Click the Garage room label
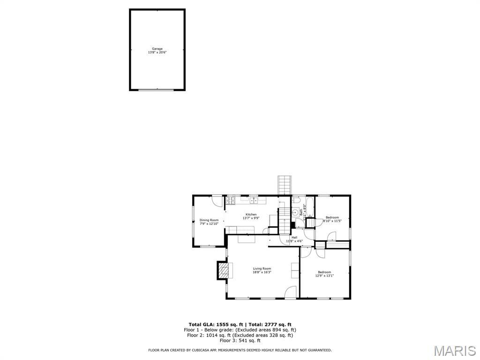(x=157, y=49)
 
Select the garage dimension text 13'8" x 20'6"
(x=157, y=52)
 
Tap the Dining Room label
(x=209, y=220)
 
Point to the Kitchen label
(x=251, y=214)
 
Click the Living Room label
(x=262, y=269)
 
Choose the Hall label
(x=294, y=237)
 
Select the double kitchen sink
(x=253, y=201)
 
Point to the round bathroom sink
(x=295, y=212)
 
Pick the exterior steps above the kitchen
(x=285, y=185)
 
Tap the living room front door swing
(x=291, y=292)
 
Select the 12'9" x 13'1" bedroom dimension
(x=324, y=276)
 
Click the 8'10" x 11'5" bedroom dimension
(x=332, y=221)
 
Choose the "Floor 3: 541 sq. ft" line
(x=240, y=340)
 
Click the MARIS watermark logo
(x=455, y=351)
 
